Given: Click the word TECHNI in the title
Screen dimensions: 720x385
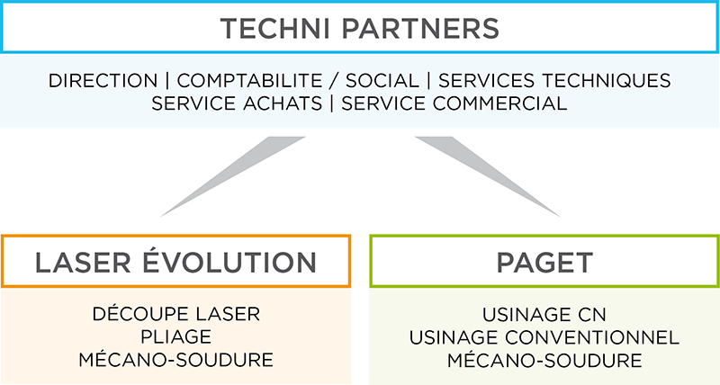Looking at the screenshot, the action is [274, 29].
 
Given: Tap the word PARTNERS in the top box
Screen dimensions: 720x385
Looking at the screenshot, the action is [420, 29].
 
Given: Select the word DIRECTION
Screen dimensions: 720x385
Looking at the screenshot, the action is [103, 81].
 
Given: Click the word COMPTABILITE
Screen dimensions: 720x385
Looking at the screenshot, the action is [249, 81].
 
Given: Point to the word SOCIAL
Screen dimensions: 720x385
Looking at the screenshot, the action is [382, 81].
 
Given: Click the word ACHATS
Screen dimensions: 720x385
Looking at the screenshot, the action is [283, 103].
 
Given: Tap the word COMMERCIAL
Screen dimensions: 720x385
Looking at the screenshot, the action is [499, 103].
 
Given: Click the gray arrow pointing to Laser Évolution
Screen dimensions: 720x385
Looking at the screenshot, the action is [233, 176].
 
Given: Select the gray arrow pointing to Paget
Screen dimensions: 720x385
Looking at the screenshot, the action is [488, 176].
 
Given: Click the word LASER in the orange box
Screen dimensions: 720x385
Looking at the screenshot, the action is [83, 263].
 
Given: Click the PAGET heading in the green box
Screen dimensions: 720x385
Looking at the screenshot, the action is [544, 263].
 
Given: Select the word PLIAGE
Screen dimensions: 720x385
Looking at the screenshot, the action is [175, 337].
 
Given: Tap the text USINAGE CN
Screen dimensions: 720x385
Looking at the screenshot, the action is [544, 314].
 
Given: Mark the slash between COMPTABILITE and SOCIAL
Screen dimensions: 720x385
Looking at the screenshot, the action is [334, 81].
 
